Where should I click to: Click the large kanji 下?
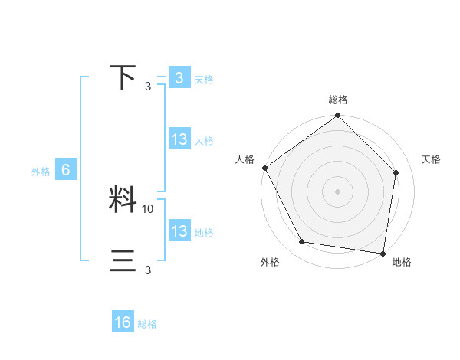click(123, 77)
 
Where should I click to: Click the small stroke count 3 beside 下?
click(148, 86)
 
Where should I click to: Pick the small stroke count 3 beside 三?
click(148, 270)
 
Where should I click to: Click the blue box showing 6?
click(66, 171)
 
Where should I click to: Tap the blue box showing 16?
click(123, 322)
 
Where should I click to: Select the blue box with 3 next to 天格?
click(179, 78)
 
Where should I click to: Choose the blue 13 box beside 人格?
click(179, 140)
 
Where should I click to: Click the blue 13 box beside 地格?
click(179, 232)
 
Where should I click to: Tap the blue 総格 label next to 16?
click(147, 324)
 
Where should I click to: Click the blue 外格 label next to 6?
click(41, 172)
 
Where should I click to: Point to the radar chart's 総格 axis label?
click(337, 100)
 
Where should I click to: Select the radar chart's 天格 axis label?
click(432, 159)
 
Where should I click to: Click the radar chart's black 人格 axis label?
click(245, 159)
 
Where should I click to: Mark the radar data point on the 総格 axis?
click(337, 116)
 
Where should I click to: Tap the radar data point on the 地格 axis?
click(383, 253)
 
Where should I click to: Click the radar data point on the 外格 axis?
click(302, 242)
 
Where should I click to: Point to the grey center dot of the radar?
click(337, 191)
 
